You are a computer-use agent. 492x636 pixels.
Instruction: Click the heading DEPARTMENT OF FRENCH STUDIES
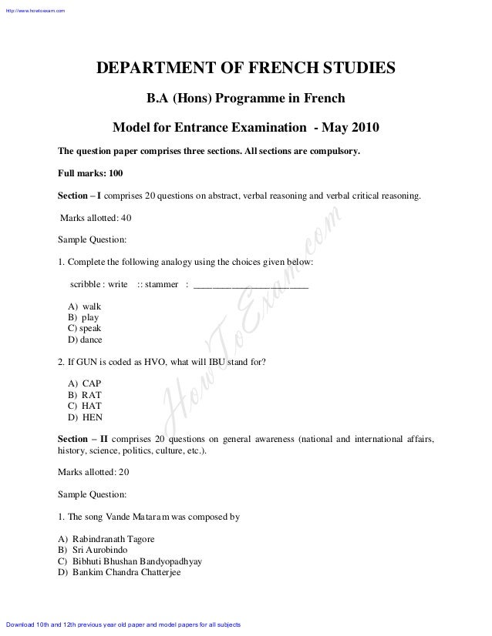tap(245, 71)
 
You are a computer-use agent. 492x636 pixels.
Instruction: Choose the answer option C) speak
tap(84, 328)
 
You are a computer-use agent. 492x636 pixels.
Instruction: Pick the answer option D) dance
tap(85, 340)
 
